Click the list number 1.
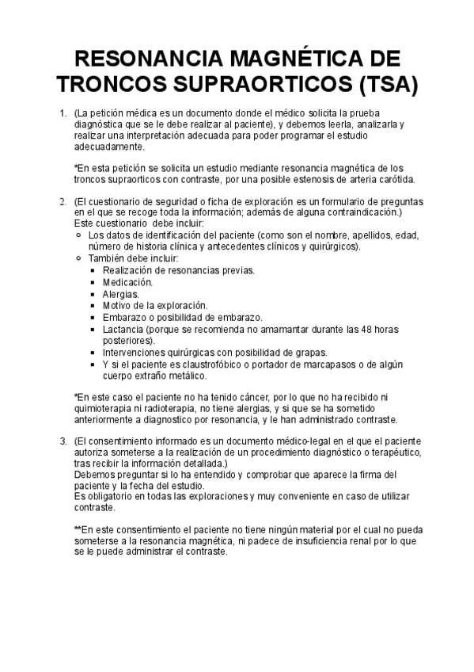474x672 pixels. pos(63,114)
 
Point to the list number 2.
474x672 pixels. pos(63,202)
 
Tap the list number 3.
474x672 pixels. pos(63,440)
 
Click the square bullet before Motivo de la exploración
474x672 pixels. pos(93,306)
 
